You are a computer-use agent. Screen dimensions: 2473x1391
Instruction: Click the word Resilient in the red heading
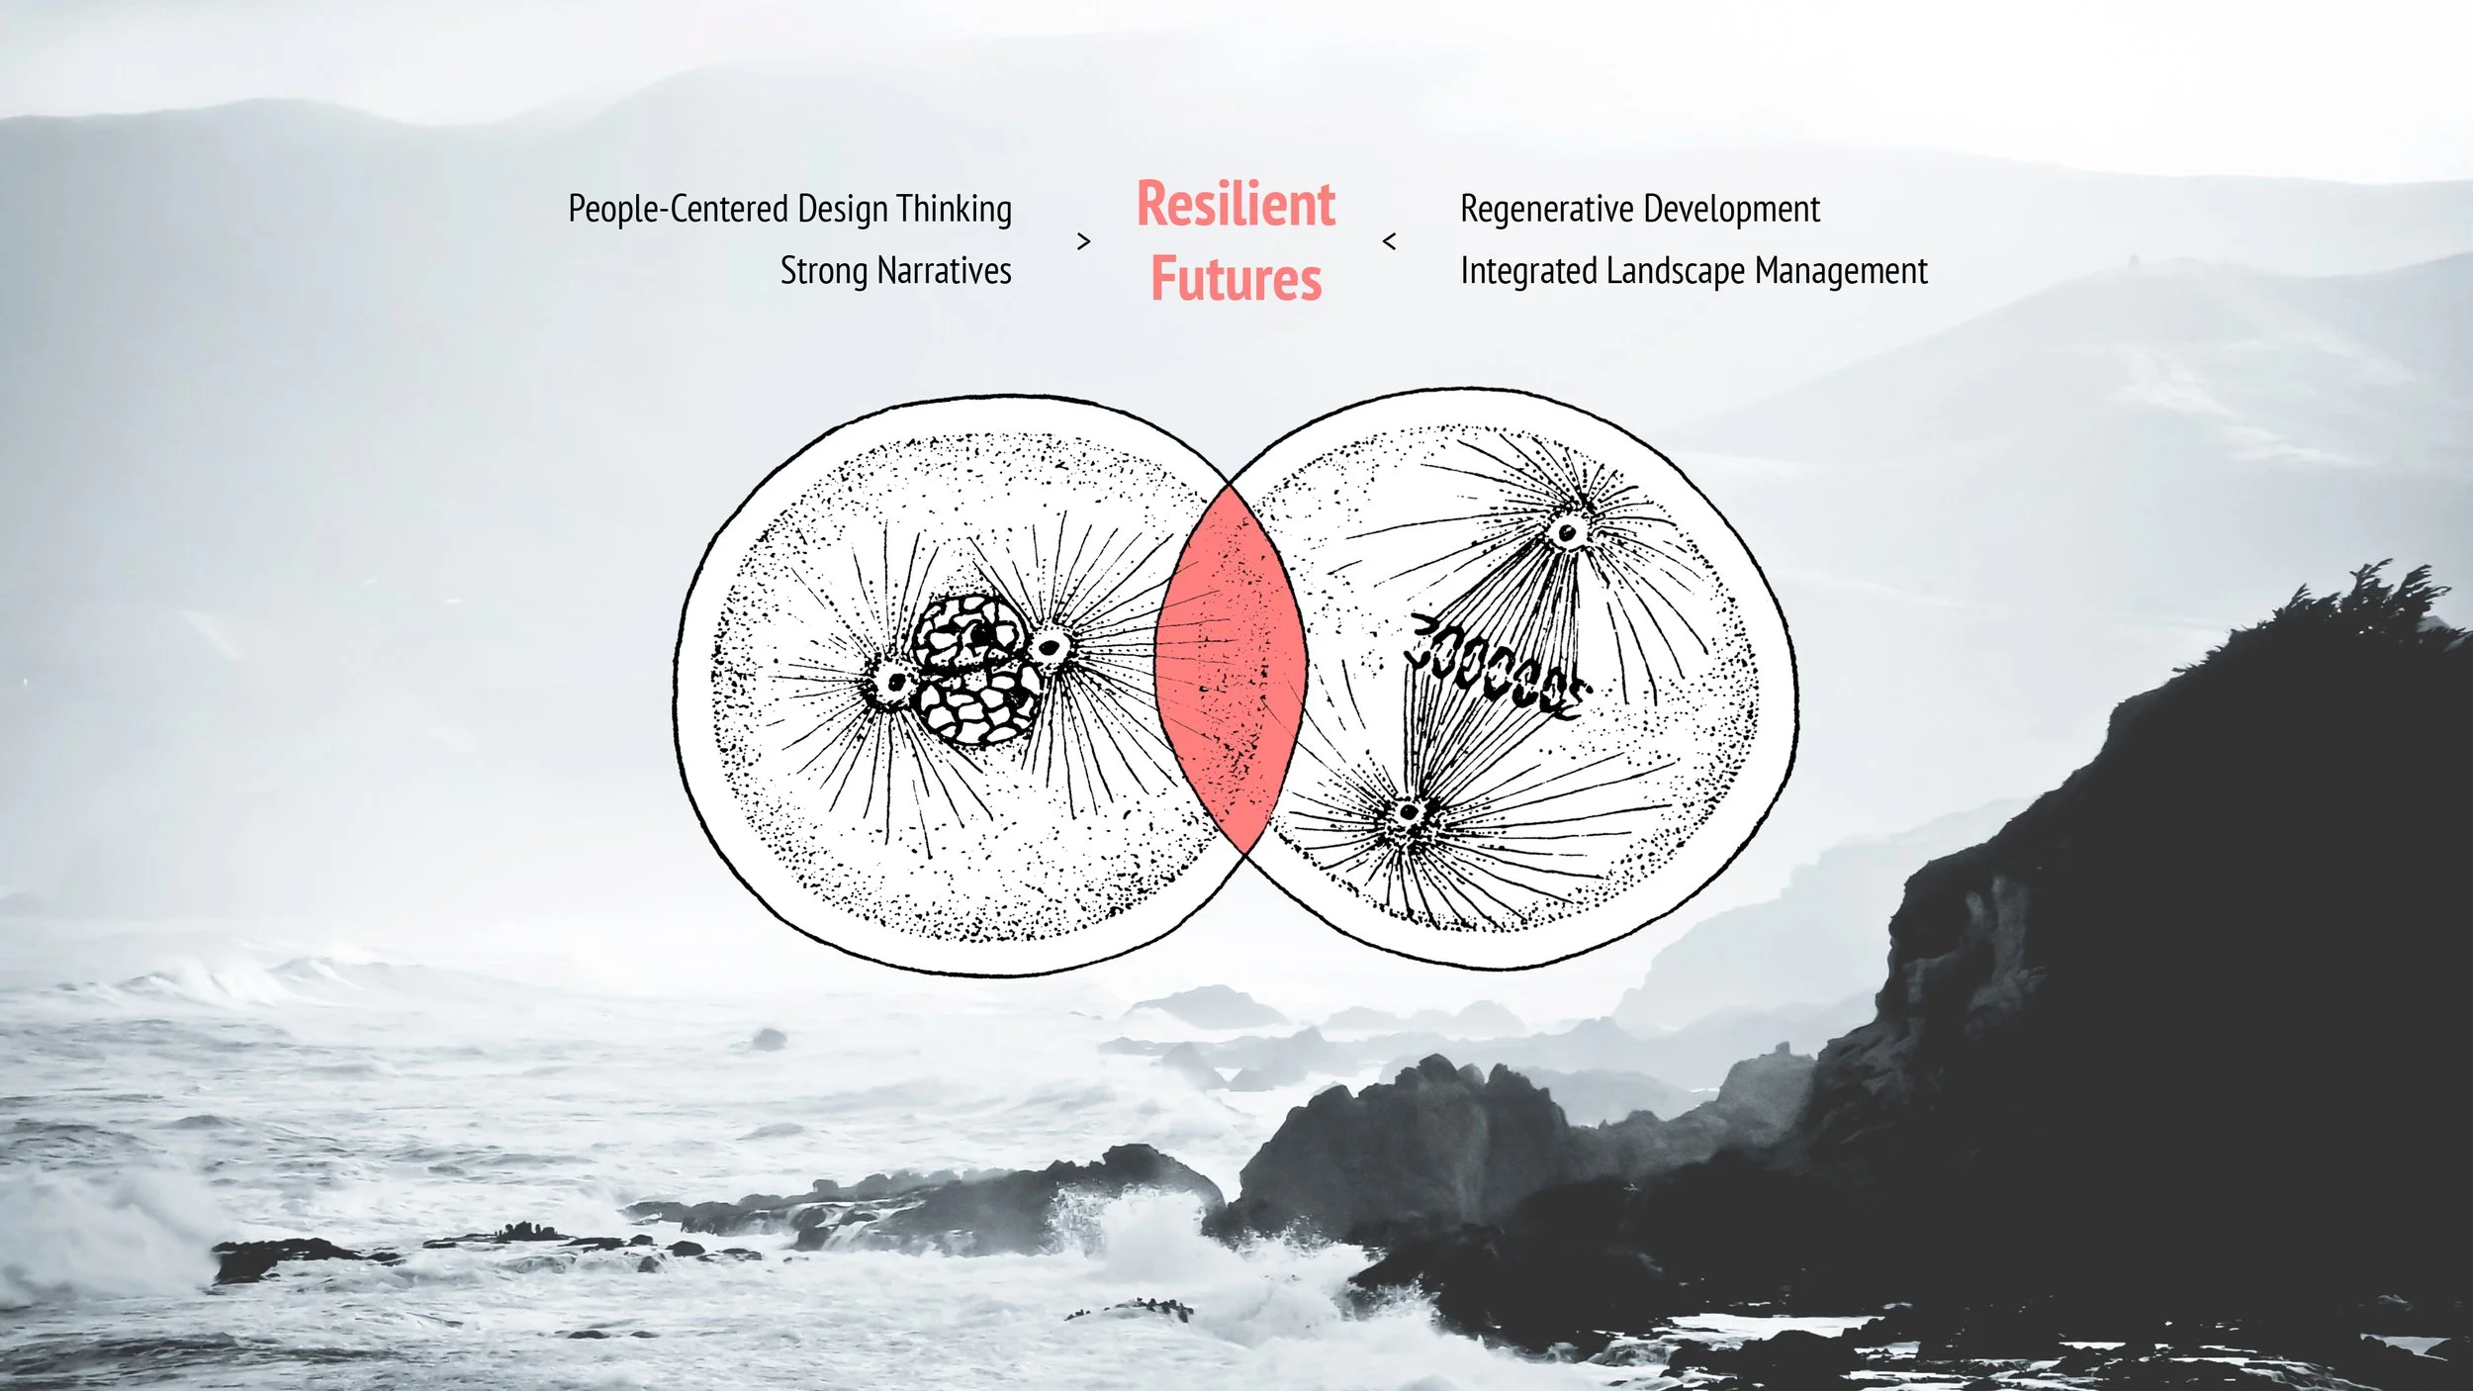click(x=1236, y=205)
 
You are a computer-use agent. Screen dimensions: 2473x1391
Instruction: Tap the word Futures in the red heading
click(x=1236, y=279)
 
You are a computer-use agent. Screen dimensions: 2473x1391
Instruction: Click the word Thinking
click(x=955, y=210)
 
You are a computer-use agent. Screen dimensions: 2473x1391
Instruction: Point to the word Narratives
click(x=944, y=271)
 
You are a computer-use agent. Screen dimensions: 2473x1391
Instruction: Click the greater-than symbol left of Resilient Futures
click(x=1083, y=241)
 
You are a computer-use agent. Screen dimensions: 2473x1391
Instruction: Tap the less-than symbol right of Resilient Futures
click(x=1389, y=241)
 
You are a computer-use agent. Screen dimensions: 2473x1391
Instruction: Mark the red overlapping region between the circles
click(x=1231, y=669)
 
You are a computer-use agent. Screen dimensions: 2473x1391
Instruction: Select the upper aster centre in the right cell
click(x=1567, y=532)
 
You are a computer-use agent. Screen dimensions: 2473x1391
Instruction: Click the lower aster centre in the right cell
click(x=1407, y=815)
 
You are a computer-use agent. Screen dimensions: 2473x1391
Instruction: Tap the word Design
click(x=843, y=210)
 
